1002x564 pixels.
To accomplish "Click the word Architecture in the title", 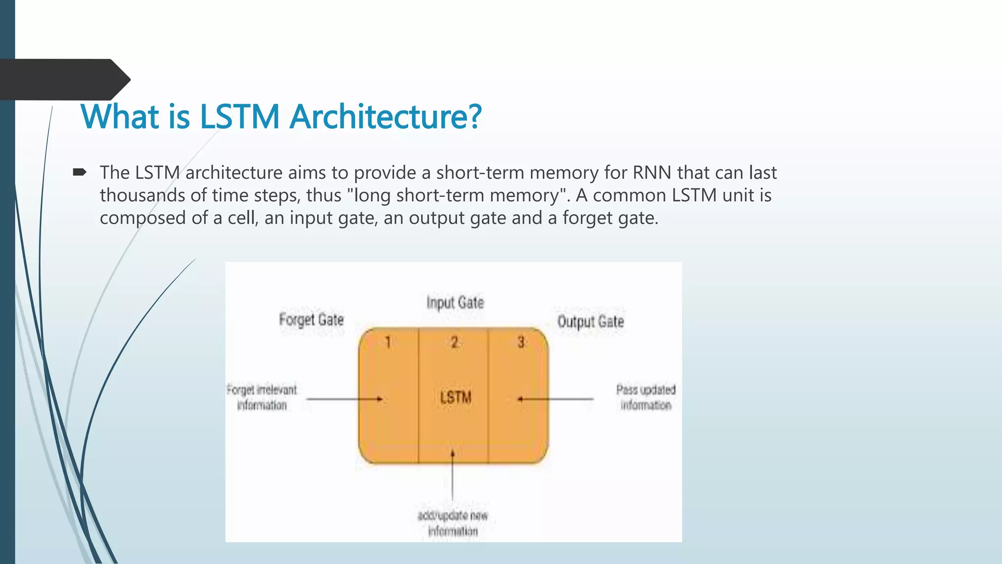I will (x=386, y=117).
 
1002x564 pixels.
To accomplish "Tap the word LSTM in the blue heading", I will (x=240, y=117).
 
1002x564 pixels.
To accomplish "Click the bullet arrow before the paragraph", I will (x=80, y=172).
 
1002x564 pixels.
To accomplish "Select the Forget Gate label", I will (x=311, y=320).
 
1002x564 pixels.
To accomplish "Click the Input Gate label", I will (x=455, y=303).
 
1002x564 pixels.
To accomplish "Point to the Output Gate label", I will (x=591, y=322).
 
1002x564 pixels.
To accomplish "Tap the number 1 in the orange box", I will (x=387, y=342).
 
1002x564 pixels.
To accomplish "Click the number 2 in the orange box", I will (x=455, y=342).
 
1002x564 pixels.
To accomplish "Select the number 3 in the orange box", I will (x=521, y=342).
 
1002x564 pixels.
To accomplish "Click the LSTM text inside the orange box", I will (x=455, y=397).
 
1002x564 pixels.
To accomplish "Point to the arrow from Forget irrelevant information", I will (x=344, y=399).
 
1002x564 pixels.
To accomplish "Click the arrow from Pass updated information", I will (x=556, y=399).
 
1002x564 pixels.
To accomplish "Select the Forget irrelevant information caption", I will (x=262, y=398).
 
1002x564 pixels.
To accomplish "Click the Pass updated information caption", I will (x=646, y=398).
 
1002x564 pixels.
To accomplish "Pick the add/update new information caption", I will (x=453, y=523).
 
